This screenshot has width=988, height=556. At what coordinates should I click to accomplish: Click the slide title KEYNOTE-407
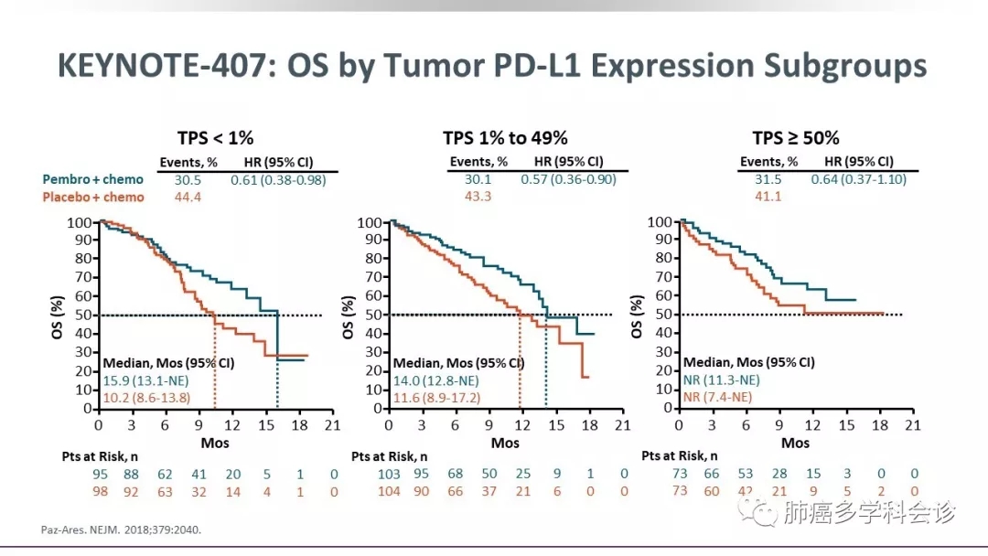(x=492, y=66)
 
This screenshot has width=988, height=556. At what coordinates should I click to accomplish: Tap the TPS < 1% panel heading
(x=215, y=138)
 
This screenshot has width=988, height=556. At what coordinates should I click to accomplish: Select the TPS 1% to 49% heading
(x=505, y=138)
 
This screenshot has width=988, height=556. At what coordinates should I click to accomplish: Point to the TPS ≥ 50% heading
(x=795, y=138)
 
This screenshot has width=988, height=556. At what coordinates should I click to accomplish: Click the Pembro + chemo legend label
(x=93, y=179)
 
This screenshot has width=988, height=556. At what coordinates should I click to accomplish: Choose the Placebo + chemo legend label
(x=93, y=197)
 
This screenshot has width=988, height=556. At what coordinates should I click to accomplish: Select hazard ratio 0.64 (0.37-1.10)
(x=858, y=179)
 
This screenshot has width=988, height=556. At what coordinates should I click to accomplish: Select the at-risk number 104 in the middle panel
(x=388, y=491)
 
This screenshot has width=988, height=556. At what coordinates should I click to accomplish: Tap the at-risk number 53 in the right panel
(x=746, y=474)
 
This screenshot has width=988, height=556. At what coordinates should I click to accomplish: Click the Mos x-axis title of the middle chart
(x=505, y=444)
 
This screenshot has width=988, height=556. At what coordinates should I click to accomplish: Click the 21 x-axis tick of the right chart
(x=912, y=426)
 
